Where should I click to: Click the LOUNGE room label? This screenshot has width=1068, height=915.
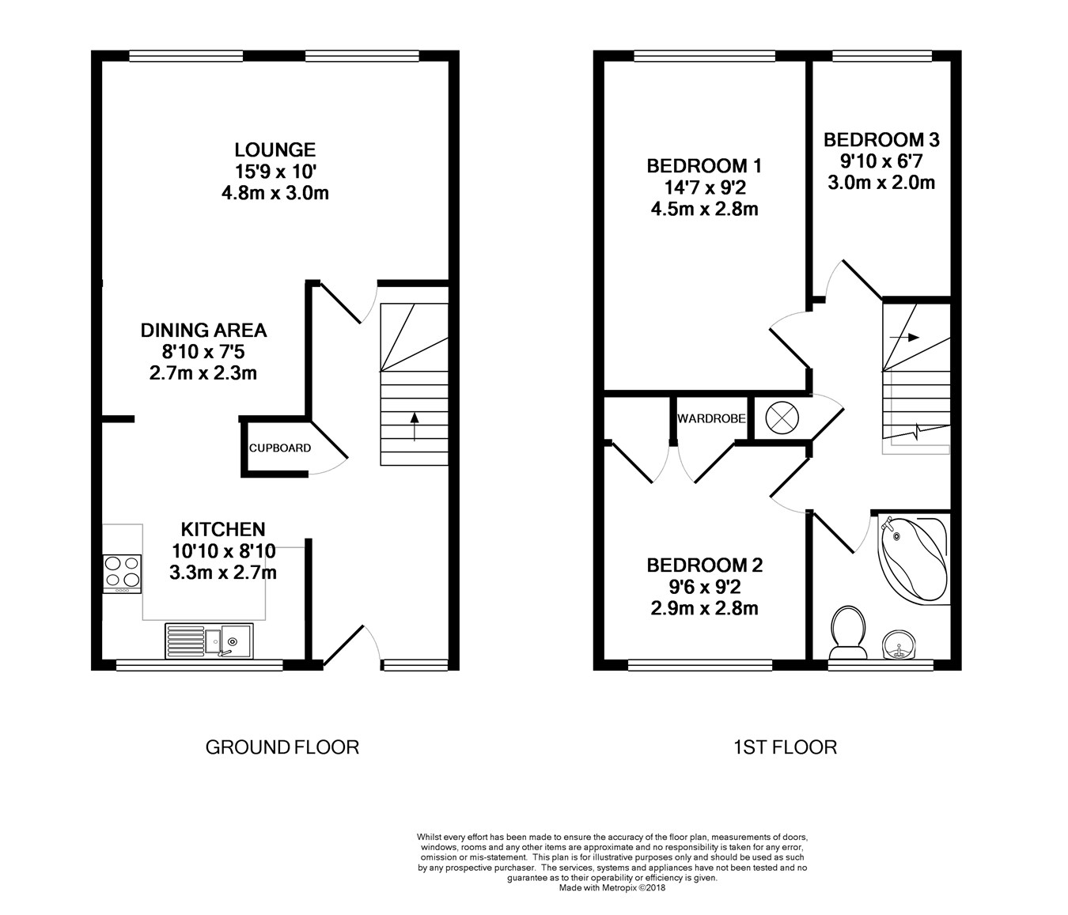[275, 149]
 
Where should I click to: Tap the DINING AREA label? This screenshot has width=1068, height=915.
[203, 330]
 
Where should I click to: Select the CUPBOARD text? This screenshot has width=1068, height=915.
[280, 448]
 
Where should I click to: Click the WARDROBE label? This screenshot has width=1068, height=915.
[711, 418]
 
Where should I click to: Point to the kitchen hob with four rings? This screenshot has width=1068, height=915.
[122, 573]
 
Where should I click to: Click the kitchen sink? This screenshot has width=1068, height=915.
[210, 641]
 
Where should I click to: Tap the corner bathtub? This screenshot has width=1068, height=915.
[914, 559]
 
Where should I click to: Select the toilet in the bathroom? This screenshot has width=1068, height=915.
[848, 633]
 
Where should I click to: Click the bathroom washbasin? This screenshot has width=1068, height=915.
[899, 645]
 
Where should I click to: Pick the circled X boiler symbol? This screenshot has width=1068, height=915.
[782, 418]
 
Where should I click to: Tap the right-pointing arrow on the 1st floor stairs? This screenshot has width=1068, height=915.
[904, 338]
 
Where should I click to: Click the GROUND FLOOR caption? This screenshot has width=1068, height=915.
[282, 747]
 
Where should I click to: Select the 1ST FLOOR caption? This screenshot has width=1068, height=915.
[786, 747]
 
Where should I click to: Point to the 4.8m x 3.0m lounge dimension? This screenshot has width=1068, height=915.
[275, 193]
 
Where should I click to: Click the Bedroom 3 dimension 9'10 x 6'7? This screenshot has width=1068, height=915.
[881, 161]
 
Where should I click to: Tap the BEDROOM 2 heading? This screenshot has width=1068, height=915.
[705, 565]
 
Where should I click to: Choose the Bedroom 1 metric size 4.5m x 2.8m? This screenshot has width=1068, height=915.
[705, 210]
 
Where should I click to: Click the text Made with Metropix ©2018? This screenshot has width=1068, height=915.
[612, 888]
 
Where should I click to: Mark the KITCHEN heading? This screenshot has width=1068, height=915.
[223, 530]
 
